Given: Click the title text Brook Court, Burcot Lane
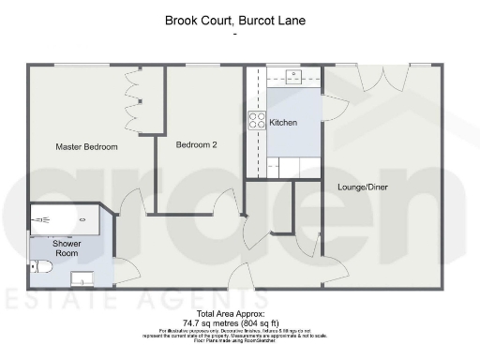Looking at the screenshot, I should coord(239,19).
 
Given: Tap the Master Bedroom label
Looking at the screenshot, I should coord(86,147).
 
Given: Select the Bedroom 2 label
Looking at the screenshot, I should coord(197,144).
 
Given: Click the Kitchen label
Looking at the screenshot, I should coord(283,123).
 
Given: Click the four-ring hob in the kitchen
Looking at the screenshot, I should coord(256,120).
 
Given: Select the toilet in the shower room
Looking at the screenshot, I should coord(38,267).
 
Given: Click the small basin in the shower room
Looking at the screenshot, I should coord(85,277).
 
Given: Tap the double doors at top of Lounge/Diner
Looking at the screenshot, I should coord(384,77).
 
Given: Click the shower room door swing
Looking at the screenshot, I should coord(126,270).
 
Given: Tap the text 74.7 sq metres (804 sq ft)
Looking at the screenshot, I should coord(231,321).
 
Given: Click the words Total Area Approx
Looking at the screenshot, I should coord(231,312).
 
